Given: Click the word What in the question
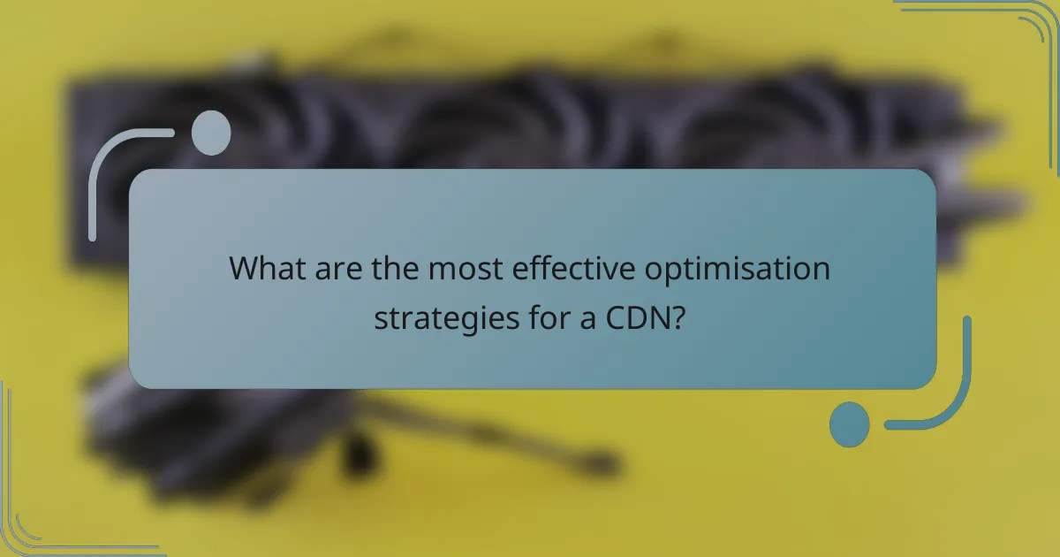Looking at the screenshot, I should (x=266, y=269).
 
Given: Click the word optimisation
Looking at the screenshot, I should (x=737, y=269).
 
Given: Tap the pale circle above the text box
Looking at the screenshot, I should (x=211, y=132).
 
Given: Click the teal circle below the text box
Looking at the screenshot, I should (x=850, y=424).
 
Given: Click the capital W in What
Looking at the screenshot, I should (x=244, y=269).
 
